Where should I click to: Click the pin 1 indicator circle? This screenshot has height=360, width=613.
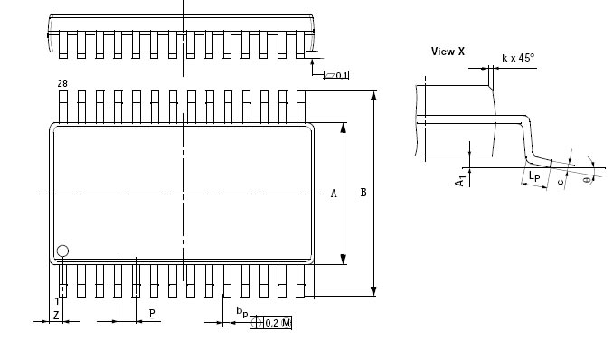click(62, 251)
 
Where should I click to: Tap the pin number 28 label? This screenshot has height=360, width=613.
click(62, 83)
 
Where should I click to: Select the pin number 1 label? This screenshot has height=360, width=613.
click(57, 301)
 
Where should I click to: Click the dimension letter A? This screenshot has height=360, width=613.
click(334, 194)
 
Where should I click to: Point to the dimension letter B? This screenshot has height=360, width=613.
click(363, 193)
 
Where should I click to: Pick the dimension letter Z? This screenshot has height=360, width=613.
click(56, 315)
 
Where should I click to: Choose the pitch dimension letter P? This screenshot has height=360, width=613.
click(152, 314)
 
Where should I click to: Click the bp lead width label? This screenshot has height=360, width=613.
click(242, 312)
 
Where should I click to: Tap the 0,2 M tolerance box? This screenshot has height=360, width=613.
click(271, 323)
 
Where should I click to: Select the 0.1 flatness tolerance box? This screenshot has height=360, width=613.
click(336, 75)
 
